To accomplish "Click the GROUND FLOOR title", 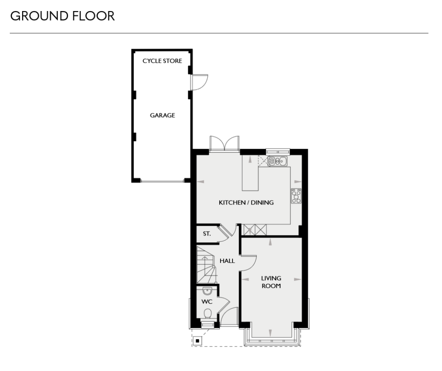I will (x=62, y=17).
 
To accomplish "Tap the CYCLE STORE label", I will (x=162, y=61).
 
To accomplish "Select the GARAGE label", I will (x=162, y=116).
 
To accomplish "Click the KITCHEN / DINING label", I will (x=246, y=203).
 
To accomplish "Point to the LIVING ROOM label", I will (x=271, y=282).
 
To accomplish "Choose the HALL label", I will (x=227, y=261).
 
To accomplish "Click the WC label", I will (x=207, y=301).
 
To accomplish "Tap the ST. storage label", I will (x=207, y=233).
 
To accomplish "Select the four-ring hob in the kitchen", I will (x=296, y=196).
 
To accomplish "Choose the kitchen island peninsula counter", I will (x=250, y=175).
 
